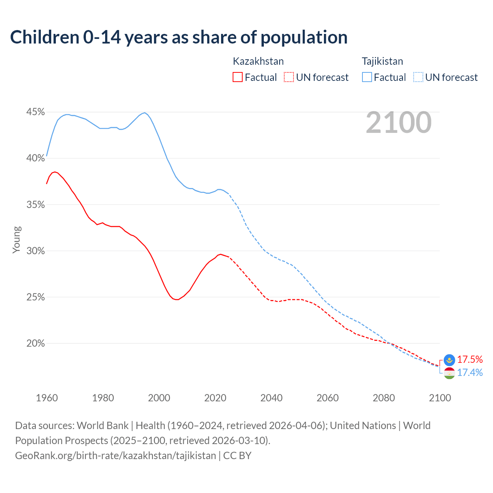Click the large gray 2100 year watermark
coord(398,122)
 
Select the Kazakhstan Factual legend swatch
coord(238,77)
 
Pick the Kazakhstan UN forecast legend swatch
coord(289,77)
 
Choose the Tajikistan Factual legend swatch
coord(367,77)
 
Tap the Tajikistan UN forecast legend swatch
coord(418,77)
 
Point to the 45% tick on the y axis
coord(35,112)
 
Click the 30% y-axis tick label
coord(35,251)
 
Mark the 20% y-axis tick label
coord(35,344)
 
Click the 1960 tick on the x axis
coord(47,398)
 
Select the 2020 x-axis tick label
coord(215,398)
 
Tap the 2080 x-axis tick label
coord(384,398)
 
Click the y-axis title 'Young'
coord(17,240)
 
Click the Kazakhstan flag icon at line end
coord(449,360)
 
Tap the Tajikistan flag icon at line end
coord(449,373)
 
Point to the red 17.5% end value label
coord(470,360)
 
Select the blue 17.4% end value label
coord(470,373)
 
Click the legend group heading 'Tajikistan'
coord(382,61)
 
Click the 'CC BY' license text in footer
coord(237,456)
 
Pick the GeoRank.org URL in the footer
coord(116,456)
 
